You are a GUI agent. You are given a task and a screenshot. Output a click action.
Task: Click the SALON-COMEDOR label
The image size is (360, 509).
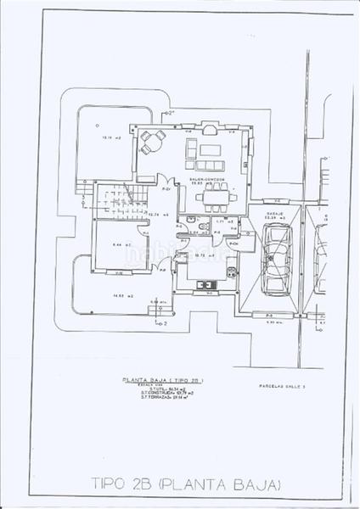[208, 181]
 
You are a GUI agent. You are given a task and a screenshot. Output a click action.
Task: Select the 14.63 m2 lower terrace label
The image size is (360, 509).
[118, 296]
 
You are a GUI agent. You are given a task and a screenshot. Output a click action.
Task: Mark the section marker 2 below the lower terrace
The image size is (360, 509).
[161, 323]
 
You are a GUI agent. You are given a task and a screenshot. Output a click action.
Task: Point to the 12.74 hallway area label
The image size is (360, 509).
[155, 214]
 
